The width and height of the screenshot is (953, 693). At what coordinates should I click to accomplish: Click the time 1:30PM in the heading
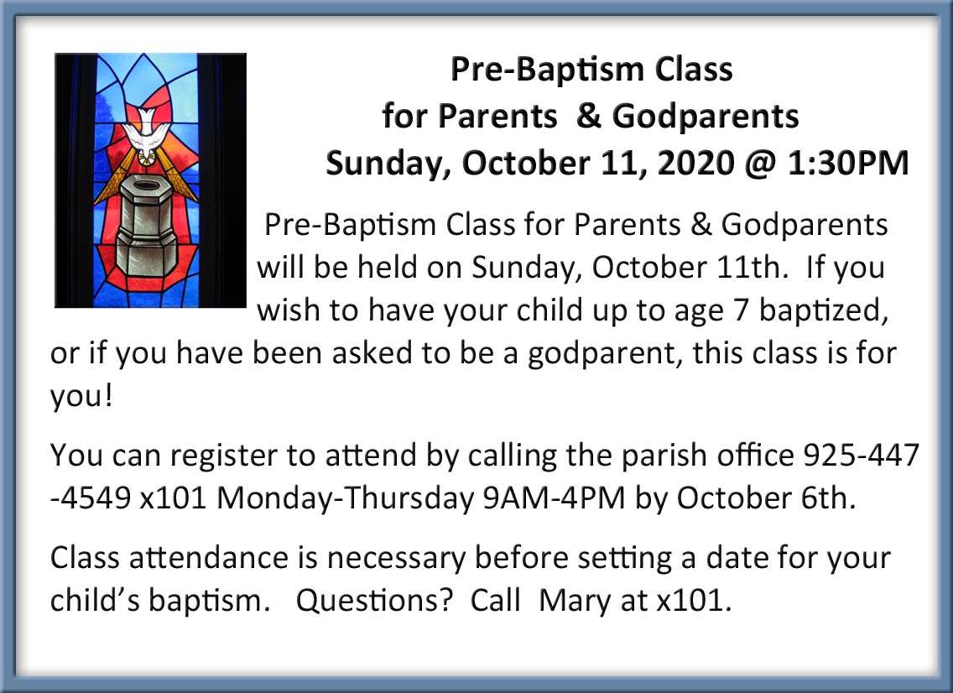[x=848, y=163]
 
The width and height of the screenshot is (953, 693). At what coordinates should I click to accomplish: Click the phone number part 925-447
[x=861, y=455]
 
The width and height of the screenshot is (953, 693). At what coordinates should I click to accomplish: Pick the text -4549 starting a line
[x=91, y=498]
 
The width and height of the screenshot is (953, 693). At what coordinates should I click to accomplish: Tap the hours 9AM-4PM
[x=554, y=498]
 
